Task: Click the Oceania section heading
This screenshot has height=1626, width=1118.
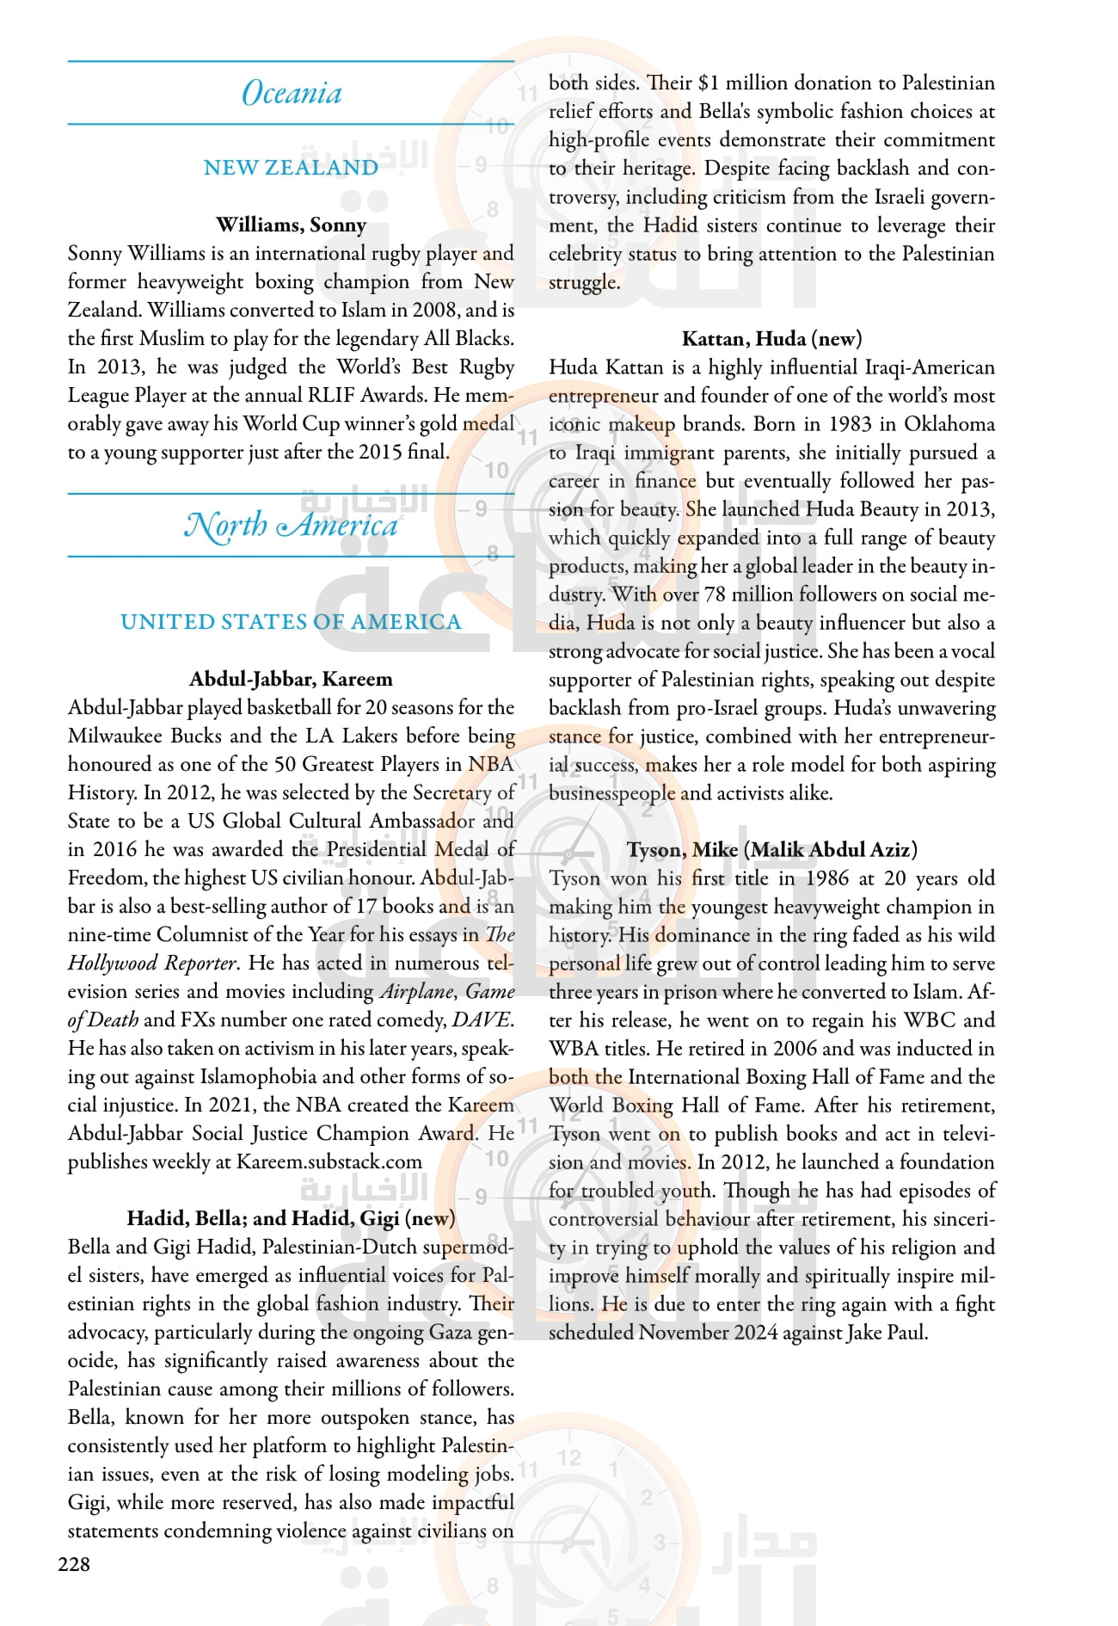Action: (292, 93)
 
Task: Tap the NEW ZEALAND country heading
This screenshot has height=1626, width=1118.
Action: (291, 168)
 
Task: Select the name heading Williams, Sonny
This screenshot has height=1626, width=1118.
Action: (291, 225)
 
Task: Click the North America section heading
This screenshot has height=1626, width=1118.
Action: (291, 525)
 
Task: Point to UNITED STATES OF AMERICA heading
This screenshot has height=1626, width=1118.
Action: (291, 622)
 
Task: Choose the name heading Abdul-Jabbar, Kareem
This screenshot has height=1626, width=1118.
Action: (291, 679)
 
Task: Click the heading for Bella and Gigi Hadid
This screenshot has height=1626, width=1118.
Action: (291, 1218)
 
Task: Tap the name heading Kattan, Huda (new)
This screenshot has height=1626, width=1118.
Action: (771, 339)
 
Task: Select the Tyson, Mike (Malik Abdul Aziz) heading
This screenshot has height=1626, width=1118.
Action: (771, 850)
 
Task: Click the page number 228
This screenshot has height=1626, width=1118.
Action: (74, 1564)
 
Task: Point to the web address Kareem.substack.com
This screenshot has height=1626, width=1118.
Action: (329, 1162)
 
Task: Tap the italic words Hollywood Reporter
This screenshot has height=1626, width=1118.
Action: (151, 964)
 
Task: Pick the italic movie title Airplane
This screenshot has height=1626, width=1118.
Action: (416, 992)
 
